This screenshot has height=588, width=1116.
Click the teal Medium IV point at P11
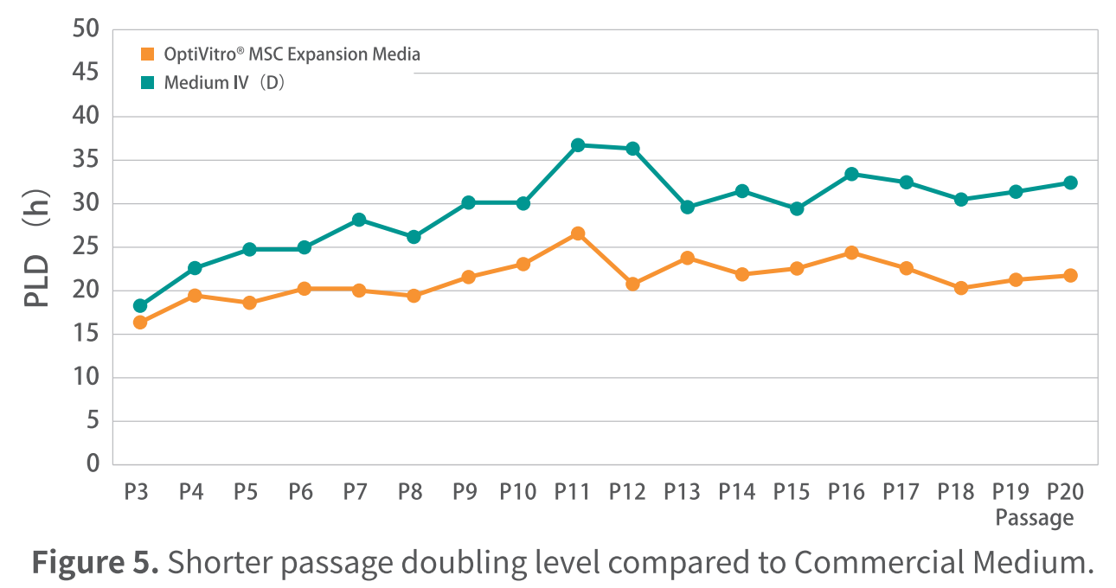click(578, 145)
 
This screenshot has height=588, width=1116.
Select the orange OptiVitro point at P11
click(578, 233)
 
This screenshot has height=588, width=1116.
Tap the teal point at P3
click(140, 305)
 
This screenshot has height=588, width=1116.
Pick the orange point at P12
click(632, 284)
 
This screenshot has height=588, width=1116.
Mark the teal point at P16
click(851, 174)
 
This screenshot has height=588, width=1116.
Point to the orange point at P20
click(1070, 275)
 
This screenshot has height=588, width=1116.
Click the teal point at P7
click(359, 220)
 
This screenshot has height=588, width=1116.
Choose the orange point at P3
click(140, 323)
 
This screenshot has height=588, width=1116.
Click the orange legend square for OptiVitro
click(148, 54)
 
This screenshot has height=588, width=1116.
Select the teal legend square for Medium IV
click(148, 83)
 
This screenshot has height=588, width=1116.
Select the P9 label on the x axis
click(465, 492)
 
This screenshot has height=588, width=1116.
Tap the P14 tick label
click(737, 492)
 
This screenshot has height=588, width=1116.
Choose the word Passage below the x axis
click(1034, 518)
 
